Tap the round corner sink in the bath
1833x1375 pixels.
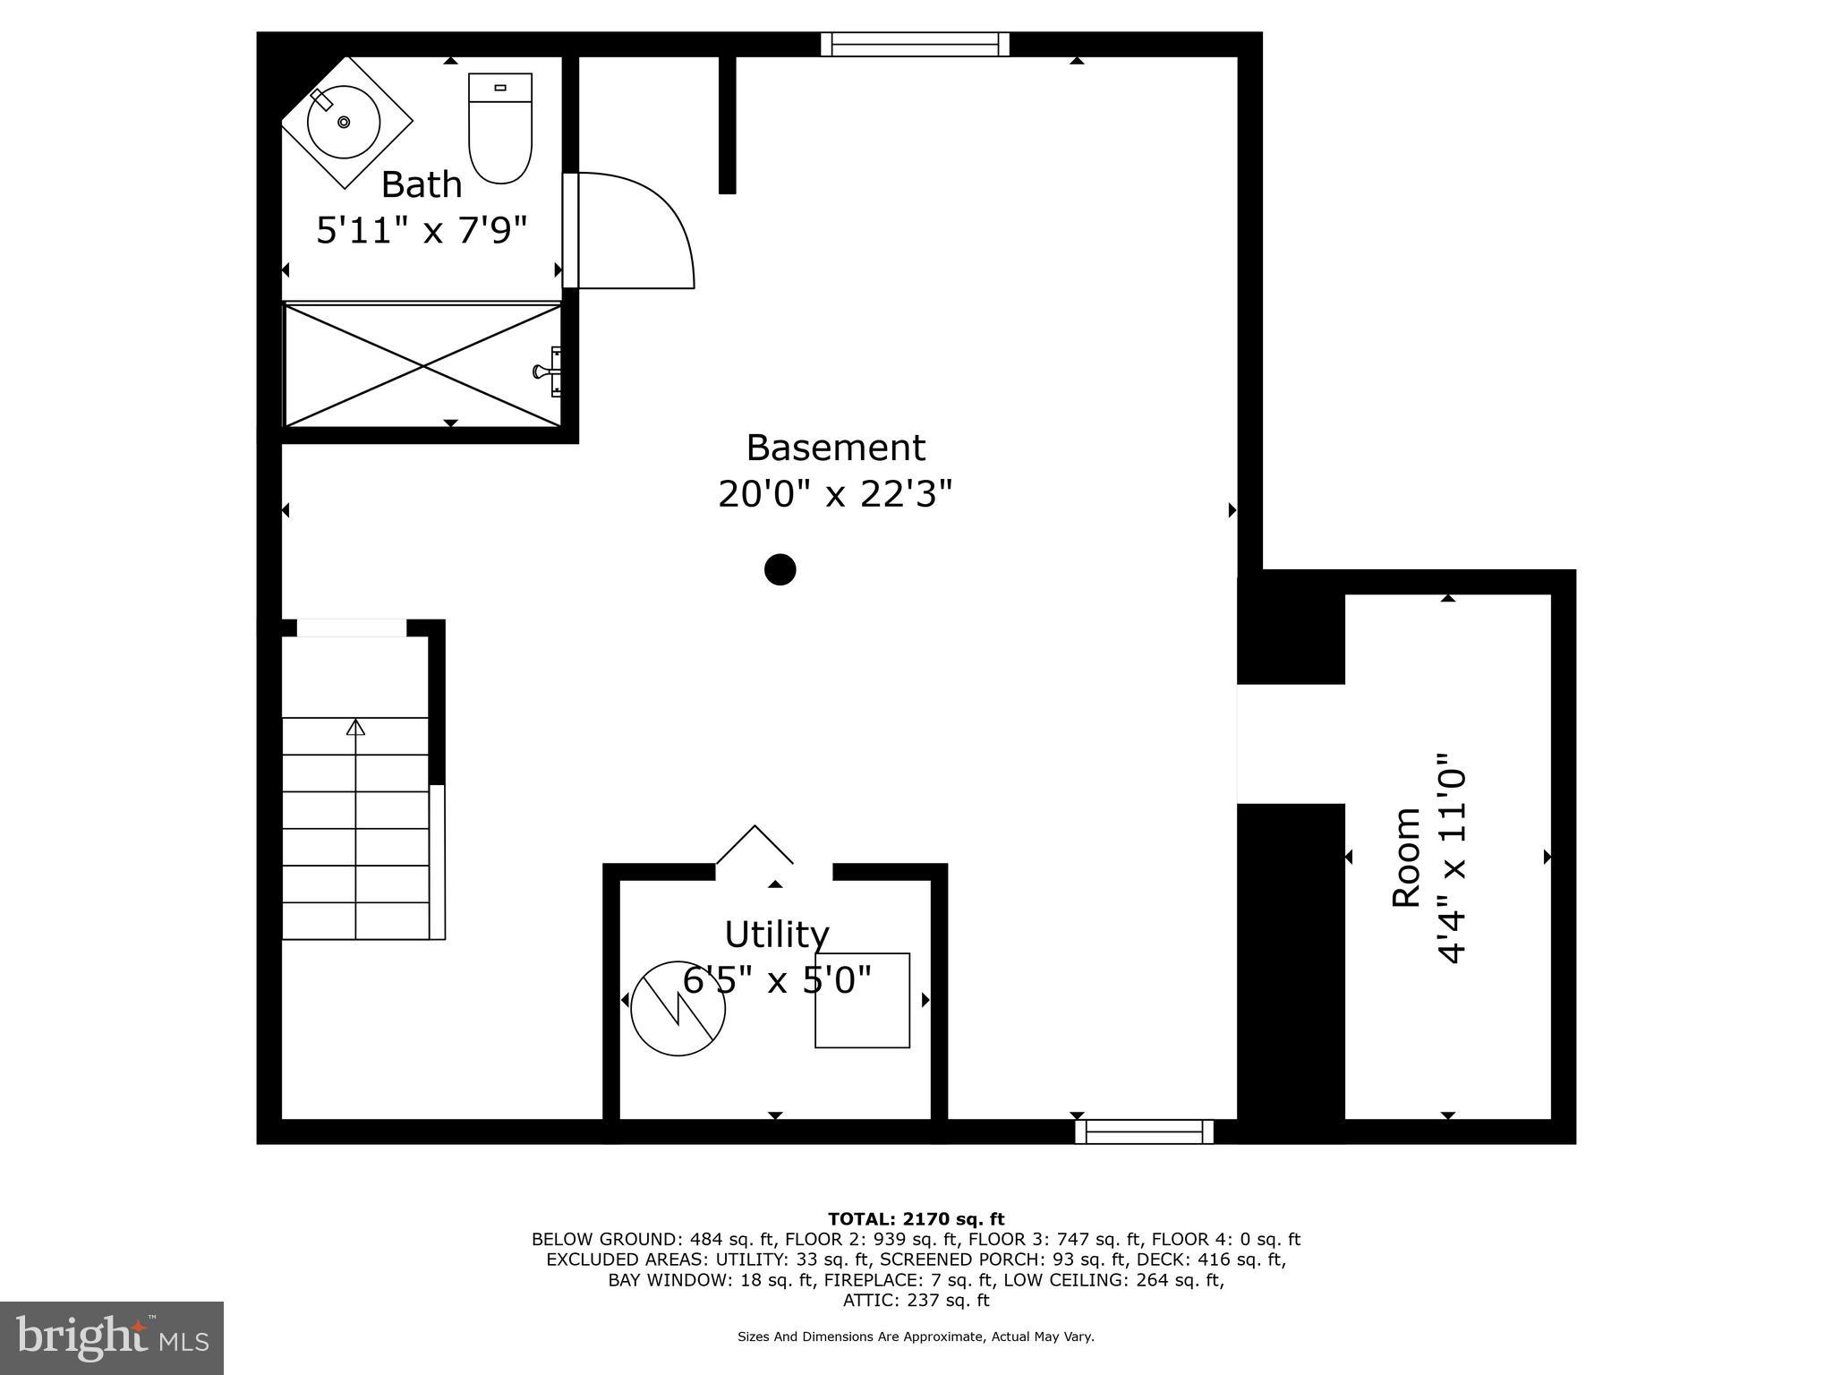coord(344,122)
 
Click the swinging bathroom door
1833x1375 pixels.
coord(631,230)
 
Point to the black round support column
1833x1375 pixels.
coord(780,569)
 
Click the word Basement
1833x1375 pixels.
coord(835,447)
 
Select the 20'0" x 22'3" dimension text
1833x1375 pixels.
coord(835,493)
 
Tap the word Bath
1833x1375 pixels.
coord(422,184)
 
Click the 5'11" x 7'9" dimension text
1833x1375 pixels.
coord(422,230)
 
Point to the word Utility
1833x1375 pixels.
coord(776,934)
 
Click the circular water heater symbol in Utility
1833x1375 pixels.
coord(678,1008)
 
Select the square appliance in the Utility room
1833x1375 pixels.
coord(862,1000)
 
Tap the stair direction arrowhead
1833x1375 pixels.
coord(356,727)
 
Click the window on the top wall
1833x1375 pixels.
coord(915,44)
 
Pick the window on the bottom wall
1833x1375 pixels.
coord(1144,1132)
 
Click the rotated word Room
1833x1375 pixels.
coord(1406,857)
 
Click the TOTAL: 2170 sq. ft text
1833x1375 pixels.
coord(916,1219)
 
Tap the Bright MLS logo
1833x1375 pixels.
coord(112,1337)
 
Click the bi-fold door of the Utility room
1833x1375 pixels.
coord(755,843)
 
